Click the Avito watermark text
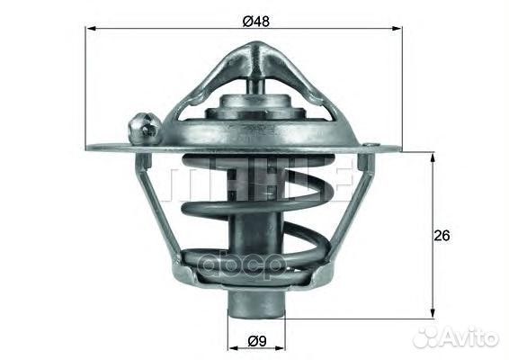467,337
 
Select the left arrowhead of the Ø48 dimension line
91,29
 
